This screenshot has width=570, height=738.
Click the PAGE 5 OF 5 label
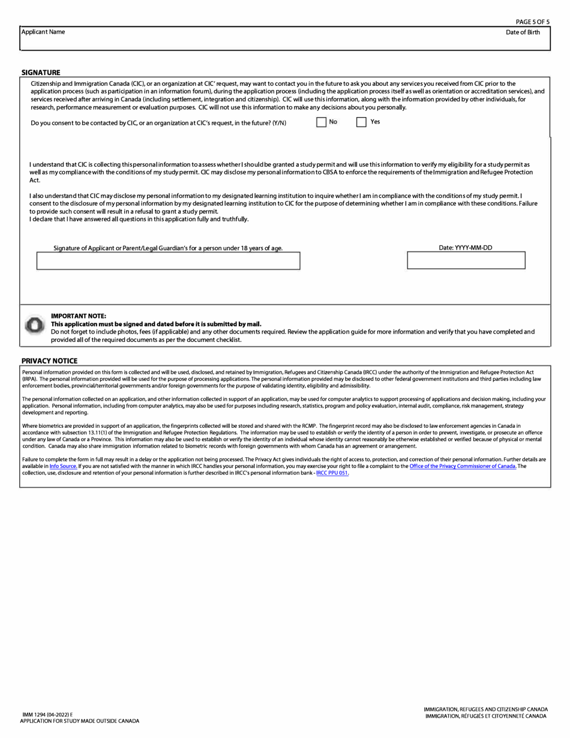[x=532, y=22]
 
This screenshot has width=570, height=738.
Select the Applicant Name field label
[x=43, y=32]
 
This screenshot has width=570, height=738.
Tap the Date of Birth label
[x=523, y=32]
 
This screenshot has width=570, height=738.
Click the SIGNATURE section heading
[x=41, y=73]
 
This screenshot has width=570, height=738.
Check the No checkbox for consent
[x=322, y=122]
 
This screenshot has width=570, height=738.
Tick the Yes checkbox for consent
[x=361, y=122]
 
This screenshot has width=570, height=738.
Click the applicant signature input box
[x=168, y=261]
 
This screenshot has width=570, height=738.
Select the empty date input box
[x=466, y=260]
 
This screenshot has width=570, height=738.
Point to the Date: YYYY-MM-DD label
[x=466, y=247]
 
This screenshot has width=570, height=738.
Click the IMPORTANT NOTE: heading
[x=79, y=316]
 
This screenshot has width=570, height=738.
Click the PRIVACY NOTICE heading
[x=49, y=361]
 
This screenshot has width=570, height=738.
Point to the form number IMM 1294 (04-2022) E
[x=47, y=715]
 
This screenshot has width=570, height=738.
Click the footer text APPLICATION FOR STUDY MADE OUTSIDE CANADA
[x=79, y=721]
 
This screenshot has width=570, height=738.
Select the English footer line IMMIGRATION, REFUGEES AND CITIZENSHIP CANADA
[x=485, y=709]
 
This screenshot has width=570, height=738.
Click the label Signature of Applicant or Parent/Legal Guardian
[x=168, y=248]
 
